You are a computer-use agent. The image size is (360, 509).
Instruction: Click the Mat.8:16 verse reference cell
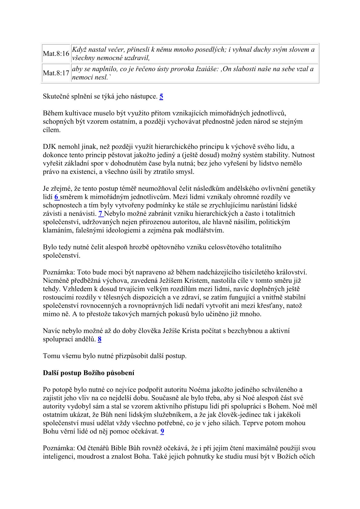56,54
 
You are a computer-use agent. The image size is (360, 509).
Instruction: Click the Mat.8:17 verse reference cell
56,73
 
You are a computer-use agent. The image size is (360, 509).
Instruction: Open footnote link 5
161,96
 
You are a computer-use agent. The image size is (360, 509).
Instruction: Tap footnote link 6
57,197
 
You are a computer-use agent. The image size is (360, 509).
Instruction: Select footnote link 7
101,214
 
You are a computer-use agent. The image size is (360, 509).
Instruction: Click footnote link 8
100,339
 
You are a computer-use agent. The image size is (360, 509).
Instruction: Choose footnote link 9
162,431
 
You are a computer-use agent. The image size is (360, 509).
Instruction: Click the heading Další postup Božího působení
89,373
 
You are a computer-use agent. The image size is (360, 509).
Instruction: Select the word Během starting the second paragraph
53,113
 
